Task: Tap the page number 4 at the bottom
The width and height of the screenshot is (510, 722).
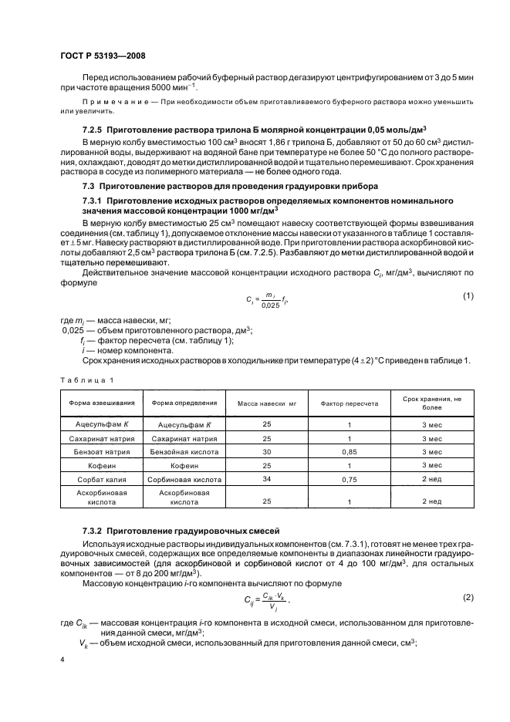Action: [62, 660]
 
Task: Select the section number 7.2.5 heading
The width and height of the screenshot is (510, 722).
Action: [95, 130]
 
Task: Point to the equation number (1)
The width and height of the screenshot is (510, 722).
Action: [467, 296]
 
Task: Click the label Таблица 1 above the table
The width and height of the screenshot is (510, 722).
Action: [86, 380]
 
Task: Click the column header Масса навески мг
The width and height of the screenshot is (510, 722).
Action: [266, 403]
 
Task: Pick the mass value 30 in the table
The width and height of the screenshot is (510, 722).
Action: [266, 451]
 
